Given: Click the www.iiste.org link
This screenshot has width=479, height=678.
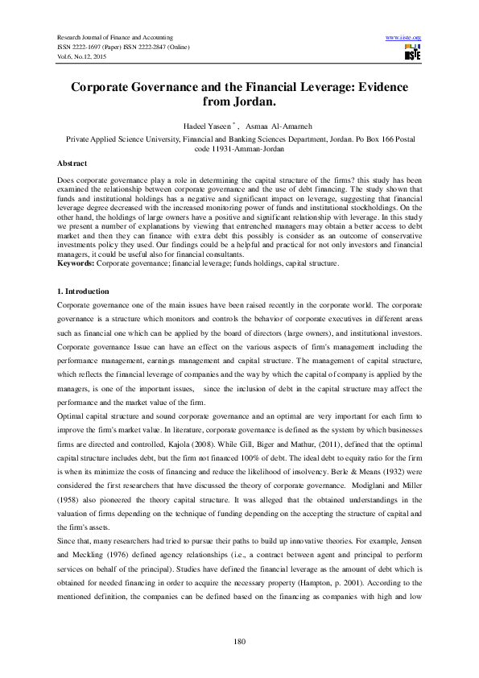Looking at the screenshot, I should pos(404,38).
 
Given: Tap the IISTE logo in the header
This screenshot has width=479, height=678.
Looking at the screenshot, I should pos(411,53).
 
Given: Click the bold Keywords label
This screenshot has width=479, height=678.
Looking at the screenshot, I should pos(80,263).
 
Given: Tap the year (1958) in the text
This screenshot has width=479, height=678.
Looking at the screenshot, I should pos(72,494).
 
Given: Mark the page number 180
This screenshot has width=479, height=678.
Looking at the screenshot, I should pos(239,641).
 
